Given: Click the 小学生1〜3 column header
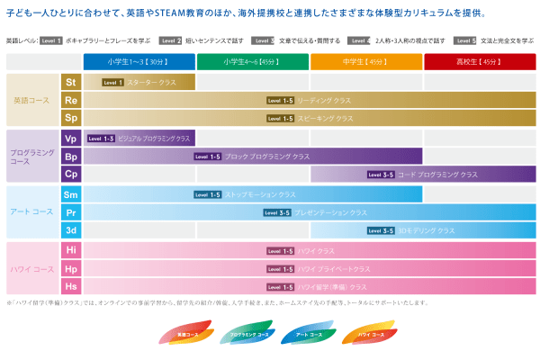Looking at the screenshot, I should [x=139, y=62].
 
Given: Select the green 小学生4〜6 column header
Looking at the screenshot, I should [x=253, y=62].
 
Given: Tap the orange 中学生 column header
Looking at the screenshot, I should [x=366, y=62].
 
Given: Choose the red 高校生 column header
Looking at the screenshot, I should [x=480, y=62].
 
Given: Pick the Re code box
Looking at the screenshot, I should [x=71, y=101].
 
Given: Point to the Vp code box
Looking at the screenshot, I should [x=71, y=139].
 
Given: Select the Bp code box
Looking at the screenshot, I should [x=71, y=157].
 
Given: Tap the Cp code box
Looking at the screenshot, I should [x=71, y=175].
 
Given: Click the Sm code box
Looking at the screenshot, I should [x=71, y=194].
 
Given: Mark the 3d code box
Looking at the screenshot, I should [x=71, y=230].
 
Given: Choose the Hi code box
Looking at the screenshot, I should [x=71, y=251].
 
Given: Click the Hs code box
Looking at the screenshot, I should [x=71, y=287].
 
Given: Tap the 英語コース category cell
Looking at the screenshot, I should [x=32, y=101].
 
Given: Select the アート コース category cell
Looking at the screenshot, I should [x=32, y=212].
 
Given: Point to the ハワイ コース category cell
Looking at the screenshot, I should [x=32, y=269].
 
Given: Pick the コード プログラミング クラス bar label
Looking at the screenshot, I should [x=437, y=175].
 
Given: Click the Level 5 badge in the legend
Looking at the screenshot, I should [x=465, y=40].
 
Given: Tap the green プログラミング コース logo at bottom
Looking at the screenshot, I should [x=249, y=335].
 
